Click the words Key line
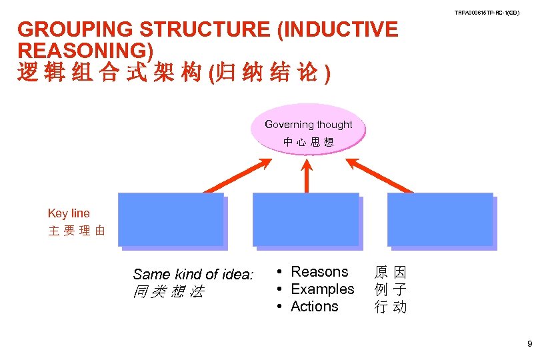(x=69, y=213)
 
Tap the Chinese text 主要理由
(x=76, y=231)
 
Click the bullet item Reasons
(x=319, y=272)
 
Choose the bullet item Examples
(x=323, y=289)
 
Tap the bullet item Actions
(x=315, y=307)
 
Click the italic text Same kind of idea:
(x=193, y=274)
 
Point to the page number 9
(x=529, y=345)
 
